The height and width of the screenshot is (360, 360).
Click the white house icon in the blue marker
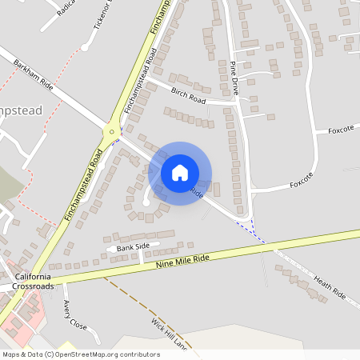[180, 173]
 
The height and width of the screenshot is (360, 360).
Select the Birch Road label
[188, 96]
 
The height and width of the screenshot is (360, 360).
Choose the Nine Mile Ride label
[182, 260]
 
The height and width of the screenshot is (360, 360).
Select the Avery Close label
[74, 314]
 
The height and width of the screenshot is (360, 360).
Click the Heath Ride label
[329, 287]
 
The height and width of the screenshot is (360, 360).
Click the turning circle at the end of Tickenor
[84, 47]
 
